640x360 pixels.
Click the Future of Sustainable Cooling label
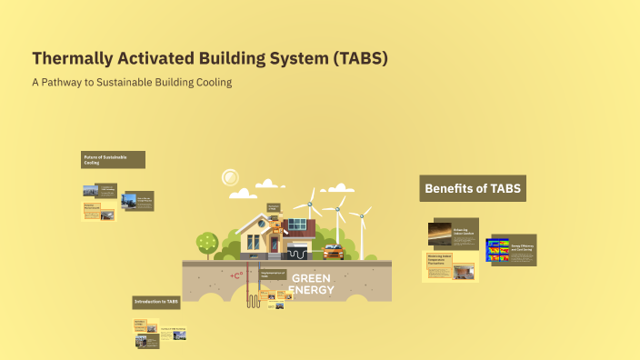pos(112,160)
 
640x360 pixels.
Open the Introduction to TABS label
pos(156,301)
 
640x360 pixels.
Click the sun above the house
pos(230,177)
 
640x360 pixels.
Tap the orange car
pos(334,252)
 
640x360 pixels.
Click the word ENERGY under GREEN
pos(311,290)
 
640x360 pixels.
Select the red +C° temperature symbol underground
pos(236,275)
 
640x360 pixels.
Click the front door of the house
pos(274,245)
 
